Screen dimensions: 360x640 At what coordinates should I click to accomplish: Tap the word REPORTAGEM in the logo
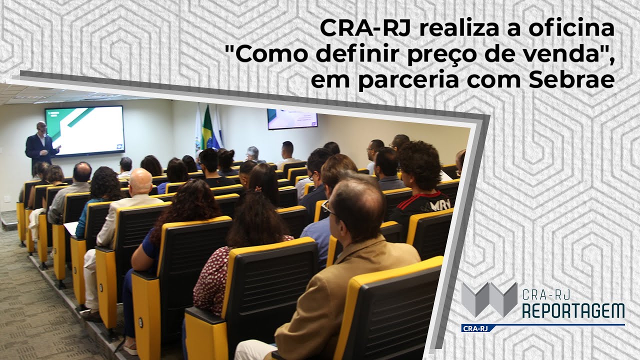(x=573, y=310)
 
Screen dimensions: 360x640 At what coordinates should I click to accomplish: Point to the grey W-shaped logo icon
(x=488, y=299)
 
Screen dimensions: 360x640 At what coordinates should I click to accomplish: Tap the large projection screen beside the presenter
(x=84, y=131)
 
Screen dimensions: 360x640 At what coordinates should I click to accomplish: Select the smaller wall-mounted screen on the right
(x=292, y=119)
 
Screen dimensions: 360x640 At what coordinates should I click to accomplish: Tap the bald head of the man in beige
(x=140, y=180)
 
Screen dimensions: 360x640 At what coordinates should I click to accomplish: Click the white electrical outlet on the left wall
(x=7, y=198)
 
